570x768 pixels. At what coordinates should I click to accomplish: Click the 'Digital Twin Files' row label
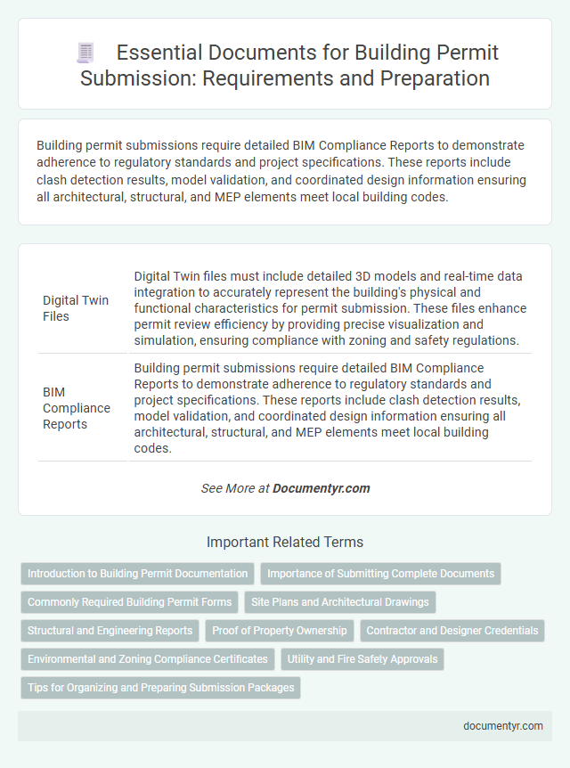(76, 308)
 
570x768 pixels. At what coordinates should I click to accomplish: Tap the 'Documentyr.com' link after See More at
(321, 488)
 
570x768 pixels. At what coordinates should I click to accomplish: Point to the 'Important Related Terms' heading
(285, 542)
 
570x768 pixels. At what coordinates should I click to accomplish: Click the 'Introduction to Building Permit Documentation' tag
(137, 574)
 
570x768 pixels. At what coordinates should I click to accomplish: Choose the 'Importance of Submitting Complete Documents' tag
(380, 574)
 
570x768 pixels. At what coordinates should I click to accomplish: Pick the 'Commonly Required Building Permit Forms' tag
(129, 602)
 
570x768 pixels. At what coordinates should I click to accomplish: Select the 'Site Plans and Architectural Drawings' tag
(339, 602)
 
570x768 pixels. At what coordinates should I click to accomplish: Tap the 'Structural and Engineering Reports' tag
(110, 631)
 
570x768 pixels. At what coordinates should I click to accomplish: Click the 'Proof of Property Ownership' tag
(280, 631)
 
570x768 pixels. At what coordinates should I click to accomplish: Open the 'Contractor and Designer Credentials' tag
(452, 631)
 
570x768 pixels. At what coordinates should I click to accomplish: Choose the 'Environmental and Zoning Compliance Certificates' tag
(148, 659)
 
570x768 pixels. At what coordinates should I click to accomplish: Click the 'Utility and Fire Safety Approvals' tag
(362, 659)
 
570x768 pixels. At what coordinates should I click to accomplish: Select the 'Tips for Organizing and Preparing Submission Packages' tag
(160, 688)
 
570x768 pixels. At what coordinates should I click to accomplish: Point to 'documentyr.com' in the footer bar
(503, 725)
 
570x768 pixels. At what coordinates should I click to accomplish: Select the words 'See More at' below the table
(235, 488)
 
